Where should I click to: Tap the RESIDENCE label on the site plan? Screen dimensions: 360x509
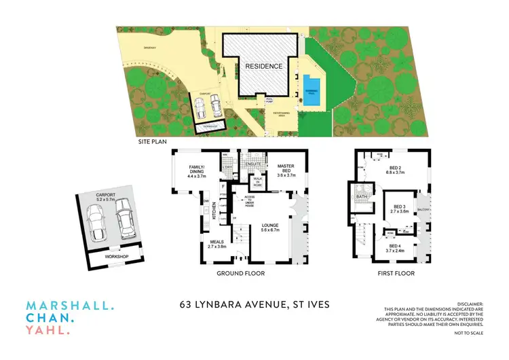263,67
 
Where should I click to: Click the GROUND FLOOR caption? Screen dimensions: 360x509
240,273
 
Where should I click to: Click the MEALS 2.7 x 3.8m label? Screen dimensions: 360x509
216,244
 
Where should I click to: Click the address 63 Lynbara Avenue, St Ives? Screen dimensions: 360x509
252,304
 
